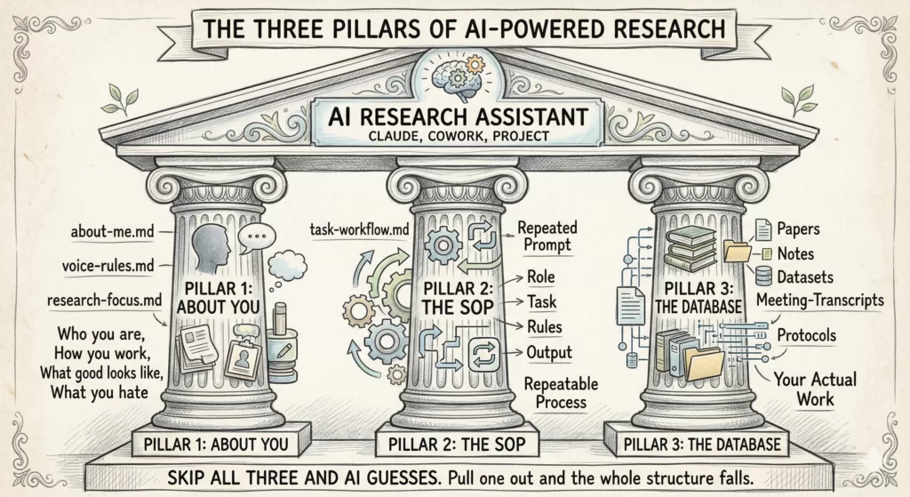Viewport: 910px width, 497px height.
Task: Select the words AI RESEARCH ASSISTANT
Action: pos(454,116)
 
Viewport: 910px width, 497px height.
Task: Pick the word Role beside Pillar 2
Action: pos(541,277)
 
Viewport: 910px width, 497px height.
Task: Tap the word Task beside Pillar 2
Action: pos(542,301)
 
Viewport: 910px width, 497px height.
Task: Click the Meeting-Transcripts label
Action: pos(819,300)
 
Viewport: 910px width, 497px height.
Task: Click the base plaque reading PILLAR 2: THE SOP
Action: pos(455,443)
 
